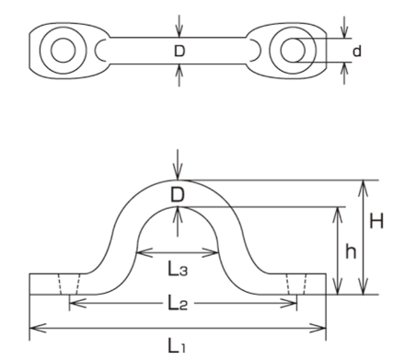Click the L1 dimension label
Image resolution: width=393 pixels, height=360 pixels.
[177, 345]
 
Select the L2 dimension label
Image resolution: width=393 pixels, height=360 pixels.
[178, 304]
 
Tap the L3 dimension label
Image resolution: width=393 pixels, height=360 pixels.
[178, 270]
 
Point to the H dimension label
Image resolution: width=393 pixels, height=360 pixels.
[376, 221]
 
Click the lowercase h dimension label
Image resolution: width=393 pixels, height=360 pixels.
[351, 251]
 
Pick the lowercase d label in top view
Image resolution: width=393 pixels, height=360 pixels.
[357, 51]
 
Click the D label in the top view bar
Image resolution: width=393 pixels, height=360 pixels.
[179, 51]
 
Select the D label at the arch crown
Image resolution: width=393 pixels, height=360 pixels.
[178, 194]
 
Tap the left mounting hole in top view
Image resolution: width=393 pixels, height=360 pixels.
[64, 51]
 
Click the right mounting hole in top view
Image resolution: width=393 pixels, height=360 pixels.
[293, 51]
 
